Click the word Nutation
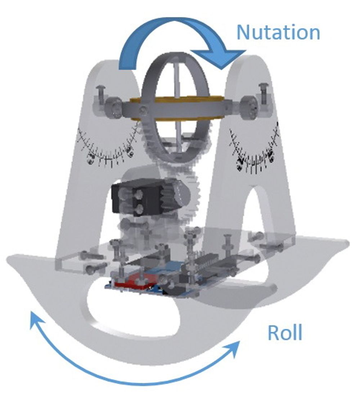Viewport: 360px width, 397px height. pyautogui.click(x=278, y=32)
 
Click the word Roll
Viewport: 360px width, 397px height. pyautogui.click(x=285, y=333)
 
